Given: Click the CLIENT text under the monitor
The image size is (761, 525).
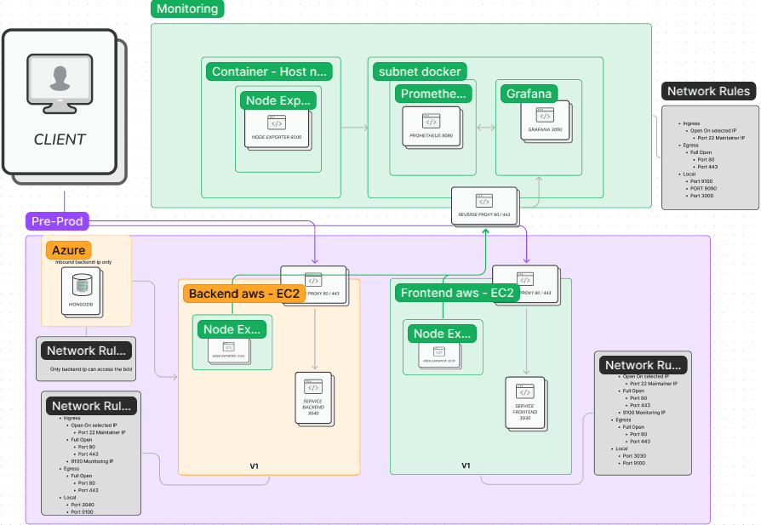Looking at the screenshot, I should click(x=60, y=140).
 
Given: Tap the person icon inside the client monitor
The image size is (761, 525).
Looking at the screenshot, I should click(x=60, y=78).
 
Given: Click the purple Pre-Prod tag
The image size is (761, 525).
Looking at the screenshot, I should click(x=56, y=221).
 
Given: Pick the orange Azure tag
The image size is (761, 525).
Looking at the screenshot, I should click(x=69, y=250).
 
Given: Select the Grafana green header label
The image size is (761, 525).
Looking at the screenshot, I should click(x=529, y=94).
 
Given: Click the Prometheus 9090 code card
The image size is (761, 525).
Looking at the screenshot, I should click(x=432, y=127).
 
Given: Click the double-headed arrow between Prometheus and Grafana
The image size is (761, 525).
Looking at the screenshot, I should click(x=486, y=128).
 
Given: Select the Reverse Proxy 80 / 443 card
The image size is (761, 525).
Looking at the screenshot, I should click(x=483, y=206).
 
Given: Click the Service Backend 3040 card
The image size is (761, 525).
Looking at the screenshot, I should click(x=313, y=398).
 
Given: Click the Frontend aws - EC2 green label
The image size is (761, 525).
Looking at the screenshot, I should click(x=457, y=294).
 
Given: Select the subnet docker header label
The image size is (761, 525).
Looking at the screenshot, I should click(x=420, y=71).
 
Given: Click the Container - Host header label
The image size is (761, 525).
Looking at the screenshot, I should click(x=269, y=71).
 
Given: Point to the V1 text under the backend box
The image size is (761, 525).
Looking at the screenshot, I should click(x=254, y=465).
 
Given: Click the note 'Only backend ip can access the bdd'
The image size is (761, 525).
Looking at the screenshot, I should click(x=89, y=368).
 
